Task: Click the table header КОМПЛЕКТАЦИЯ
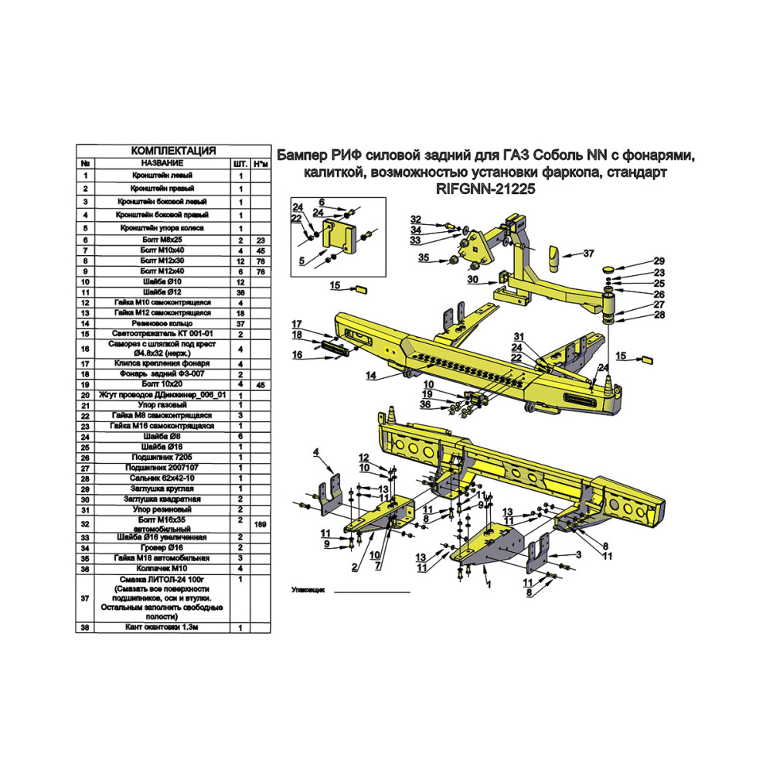pyautogui.click(x=173, y=151)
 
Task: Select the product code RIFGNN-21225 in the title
pyautogui.click(x=485, y=189)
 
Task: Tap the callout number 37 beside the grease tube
pyautogui.click(x=588, y=254)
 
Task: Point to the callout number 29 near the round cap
pyautogui.click(x=659, y=261)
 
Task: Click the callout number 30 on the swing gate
pyautogui.click(x=473, y=280)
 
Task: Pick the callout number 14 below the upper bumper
pyautogui.click(x=371, y=376)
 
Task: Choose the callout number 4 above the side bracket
pyautogui.click(x=316, y=452)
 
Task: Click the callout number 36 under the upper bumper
pyautogui.click(x=425, y=405)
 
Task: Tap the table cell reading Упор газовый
pyautogui.click(x=162, y=405)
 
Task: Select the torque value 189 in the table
pyautogui.click(x=261, y=525)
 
